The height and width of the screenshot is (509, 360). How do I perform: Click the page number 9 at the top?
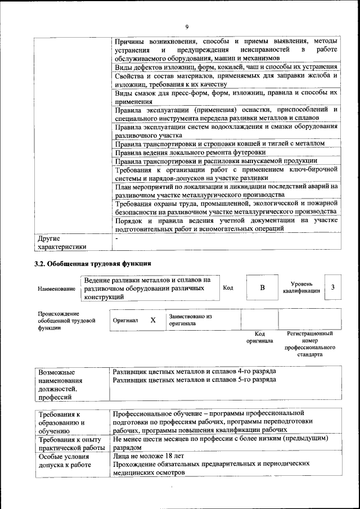[186, 27]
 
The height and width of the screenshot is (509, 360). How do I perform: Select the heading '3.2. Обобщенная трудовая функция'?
[93, 263]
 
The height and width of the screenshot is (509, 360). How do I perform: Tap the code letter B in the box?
[262, 288]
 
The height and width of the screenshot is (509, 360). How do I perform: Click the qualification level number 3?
[334, 288]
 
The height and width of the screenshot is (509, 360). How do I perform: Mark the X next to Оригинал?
[152, 320]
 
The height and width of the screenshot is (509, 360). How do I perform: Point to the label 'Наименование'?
[56, 289]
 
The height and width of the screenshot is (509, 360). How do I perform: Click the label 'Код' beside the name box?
[228, 288]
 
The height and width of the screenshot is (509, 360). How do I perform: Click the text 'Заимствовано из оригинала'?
[190, 320]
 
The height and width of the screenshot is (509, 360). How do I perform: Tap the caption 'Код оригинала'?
[259, 337]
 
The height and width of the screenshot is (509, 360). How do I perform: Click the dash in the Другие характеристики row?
[116, 238]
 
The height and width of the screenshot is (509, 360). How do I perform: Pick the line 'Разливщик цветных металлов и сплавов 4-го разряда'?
[194, 372]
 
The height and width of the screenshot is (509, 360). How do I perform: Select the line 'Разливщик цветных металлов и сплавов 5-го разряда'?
[194, 380]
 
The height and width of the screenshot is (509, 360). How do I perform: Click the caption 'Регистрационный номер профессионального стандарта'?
[310, 344]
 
